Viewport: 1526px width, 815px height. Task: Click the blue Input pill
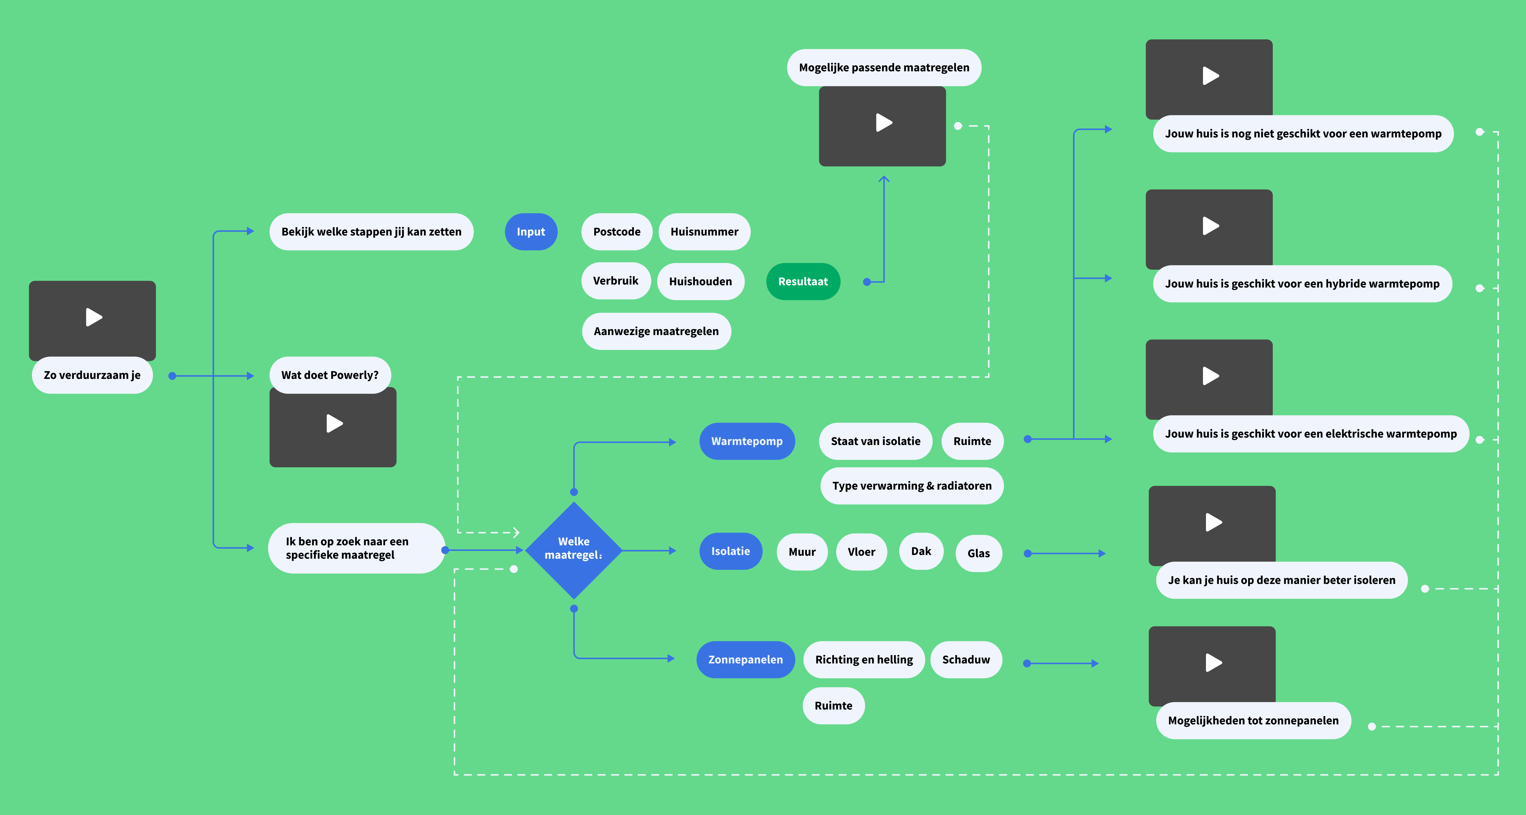tap(531, 232)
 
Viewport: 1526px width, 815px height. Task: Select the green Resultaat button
tap(803, 282)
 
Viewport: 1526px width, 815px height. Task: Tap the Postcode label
tap(617, 232)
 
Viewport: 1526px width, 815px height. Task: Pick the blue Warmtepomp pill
tap(746, 441)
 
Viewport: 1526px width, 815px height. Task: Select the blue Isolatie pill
tap(730, 551)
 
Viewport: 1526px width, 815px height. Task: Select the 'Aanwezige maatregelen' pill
tap(656, 331)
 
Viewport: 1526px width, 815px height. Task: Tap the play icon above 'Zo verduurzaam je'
tap(93, 317)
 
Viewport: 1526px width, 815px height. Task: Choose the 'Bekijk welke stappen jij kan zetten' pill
tap(371, 232)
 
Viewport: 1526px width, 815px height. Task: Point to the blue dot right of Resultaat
tap(867, 282)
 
